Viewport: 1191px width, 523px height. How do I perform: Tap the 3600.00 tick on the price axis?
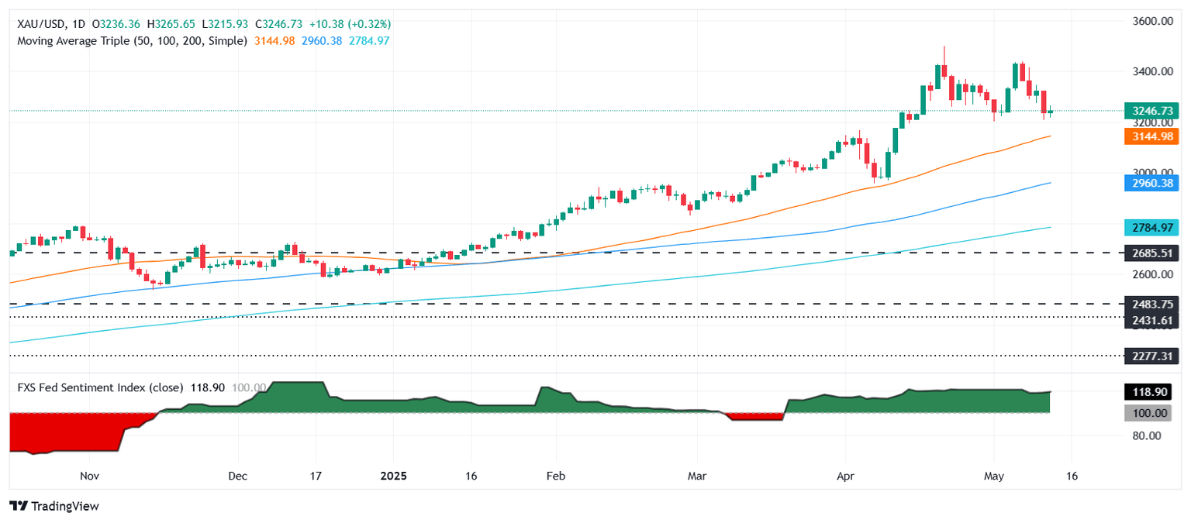tap(1151, 21)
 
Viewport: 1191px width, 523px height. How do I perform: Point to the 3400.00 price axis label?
tap(1151, 72)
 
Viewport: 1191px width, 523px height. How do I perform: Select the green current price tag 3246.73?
tap(1151, 112)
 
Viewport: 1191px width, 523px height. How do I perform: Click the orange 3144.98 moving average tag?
tap(1151, 137)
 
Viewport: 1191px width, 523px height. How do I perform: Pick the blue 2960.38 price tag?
tap(1151, 183)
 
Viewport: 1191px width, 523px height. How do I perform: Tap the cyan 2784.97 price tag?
tap(1151, 228)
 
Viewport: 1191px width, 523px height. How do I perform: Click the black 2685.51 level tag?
tap(1151, 253)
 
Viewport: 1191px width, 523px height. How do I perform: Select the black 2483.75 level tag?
tap(1151, 305)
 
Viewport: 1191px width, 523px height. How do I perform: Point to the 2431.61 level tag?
tap(1151, 319)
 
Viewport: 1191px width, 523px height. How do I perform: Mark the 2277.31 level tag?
tap(1151, 356)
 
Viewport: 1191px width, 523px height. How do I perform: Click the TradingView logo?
tap(54, 506)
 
